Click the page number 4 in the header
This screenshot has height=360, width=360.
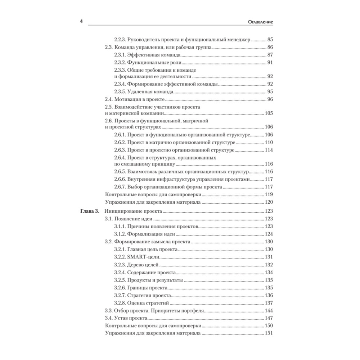click(x=81, y=22)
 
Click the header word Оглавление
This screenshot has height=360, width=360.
click(x=258, y=22)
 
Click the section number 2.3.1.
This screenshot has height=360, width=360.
click(x=120, y=55)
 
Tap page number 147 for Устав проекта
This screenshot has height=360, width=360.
click(x=269, y=318)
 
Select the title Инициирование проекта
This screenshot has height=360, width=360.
click(x=134, y=211)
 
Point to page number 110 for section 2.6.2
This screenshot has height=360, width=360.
click(x=269, y=143)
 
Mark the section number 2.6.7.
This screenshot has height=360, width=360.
click(x=120, y=187)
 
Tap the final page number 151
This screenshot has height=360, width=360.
click(x=269, y=333)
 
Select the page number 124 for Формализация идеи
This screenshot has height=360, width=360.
click(x=269, y=234)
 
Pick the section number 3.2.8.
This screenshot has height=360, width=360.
click(x=120, y=303)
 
